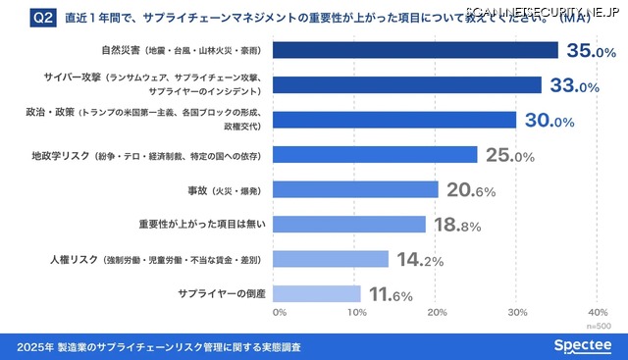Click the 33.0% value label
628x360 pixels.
574,85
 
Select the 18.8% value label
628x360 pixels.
457,225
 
